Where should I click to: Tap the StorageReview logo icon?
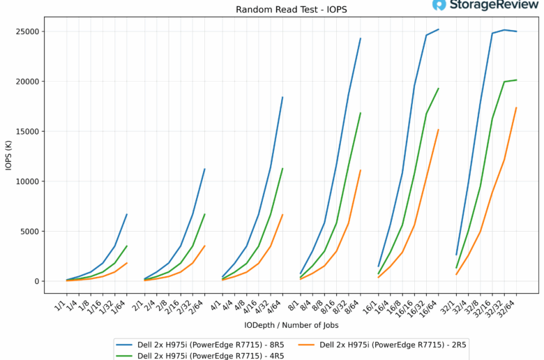click(439, 6)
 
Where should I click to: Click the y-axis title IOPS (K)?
click(8, 156)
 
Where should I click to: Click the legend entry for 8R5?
click(203, 344)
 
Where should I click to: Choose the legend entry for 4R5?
click(203, 355)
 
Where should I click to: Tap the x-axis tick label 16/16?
click(407, 306)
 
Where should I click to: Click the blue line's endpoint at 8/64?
click(361, 38)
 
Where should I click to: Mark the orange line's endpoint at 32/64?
click(516, 107)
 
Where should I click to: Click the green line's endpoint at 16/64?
click(438, 89)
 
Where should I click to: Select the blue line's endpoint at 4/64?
click(282, 97)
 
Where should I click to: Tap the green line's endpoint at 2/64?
click(204, 214)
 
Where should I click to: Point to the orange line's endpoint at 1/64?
click(127, 263)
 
